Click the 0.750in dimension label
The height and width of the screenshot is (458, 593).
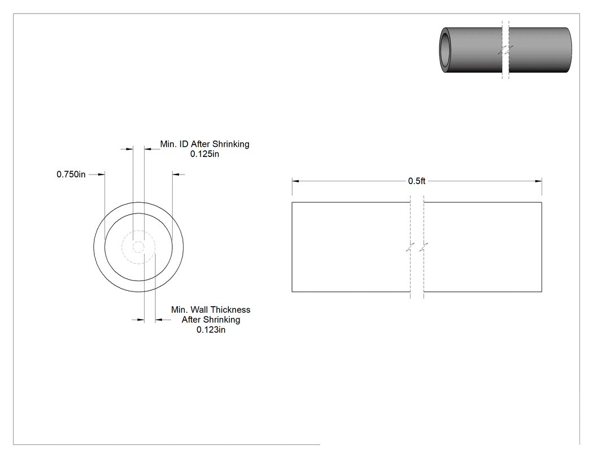(71, 175)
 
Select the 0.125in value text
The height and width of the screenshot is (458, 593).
(204, 154)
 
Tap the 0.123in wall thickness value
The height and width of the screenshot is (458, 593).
(211, 330)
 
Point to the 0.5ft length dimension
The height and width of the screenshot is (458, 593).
(417, 181)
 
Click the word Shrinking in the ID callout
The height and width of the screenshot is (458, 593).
(230, 144)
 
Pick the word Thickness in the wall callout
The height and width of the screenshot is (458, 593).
(229, 309)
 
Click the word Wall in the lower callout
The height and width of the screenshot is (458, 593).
(198, 309)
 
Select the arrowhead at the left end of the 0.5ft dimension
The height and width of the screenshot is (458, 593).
(295, 181)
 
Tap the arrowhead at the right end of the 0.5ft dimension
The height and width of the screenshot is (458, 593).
(539, 181)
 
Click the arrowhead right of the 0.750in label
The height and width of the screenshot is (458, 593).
(101, 175)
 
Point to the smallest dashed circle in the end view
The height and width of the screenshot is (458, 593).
(138, 247)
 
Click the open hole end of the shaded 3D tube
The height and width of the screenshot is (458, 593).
(445, 50)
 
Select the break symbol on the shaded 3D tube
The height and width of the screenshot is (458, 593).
(505, 50)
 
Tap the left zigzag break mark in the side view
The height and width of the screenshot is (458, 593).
(411, 247)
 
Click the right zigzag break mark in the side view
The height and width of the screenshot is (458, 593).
(424, 247)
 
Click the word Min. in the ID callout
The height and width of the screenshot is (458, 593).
(168, 144)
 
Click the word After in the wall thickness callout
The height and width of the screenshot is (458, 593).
(191, 320)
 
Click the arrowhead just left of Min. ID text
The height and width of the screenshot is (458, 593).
(148, 149)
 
